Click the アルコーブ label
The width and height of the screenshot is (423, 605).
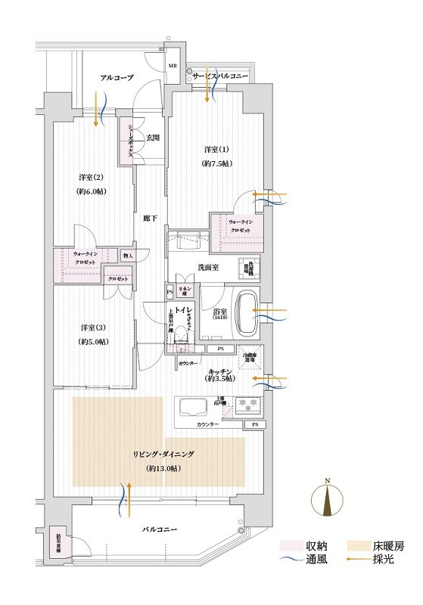coord(117,77)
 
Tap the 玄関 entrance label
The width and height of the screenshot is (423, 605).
coord(153,137)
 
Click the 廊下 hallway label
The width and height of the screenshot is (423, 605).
coord(150,218)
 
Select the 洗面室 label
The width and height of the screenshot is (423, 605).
coord(209,267)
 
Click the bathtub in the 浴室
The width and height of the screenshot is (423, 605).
coord(247,312)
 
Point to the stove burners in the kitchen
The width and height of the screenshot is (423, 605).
coord(249,407)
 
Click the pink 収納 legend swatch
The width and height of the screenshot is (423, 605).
coord(291,545)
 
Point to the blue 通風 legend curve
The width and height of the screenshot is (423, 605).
coord(291,562)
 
